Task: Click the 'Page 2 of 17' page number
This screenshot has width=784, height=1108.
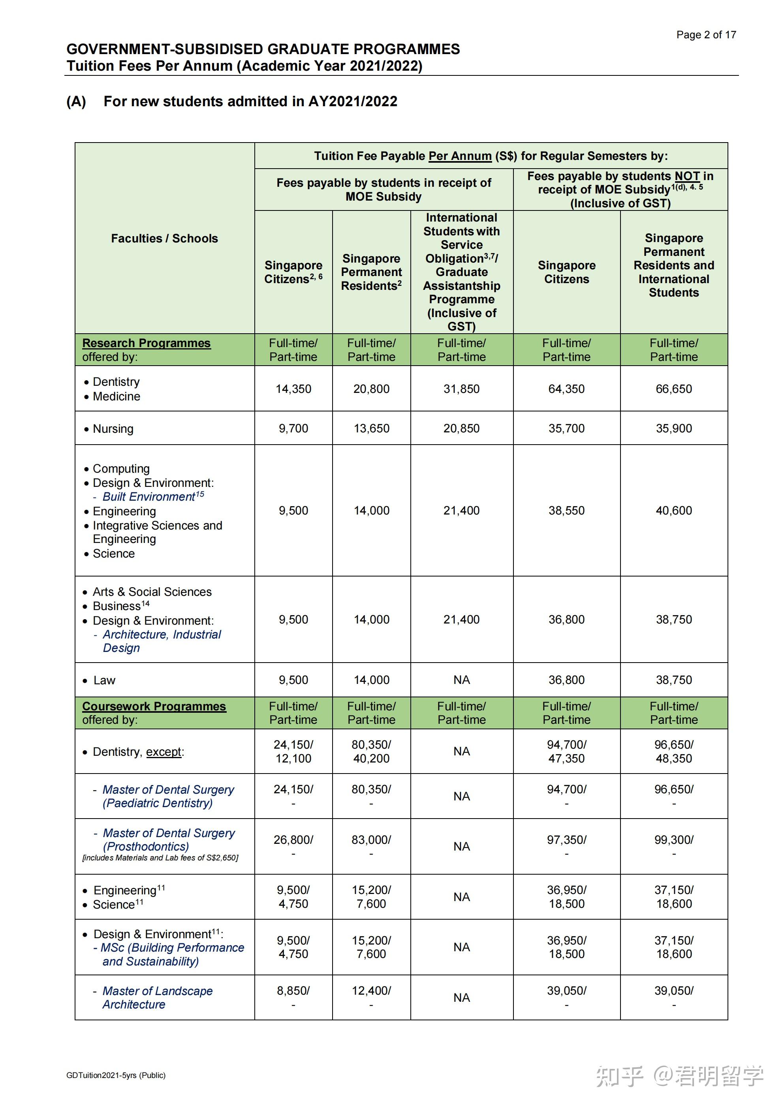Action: click(x=706, y=35)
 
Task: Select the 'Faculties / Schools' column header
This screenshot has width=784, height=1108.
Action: click(x=164, y=239)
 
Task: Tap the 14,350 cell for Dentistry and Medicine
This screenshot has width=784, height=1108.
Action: click(x=293, y=389)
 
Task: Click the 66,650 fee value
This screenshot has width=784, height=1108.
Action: click(x=673, y=389)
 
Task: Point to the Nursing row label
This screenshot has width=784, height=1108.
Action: click(x=113, y=429)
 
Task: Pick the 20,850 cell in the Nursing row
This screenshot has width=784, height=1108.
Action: click(x=462, y=428)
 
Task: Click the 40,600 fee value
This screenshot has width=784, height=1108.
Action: click(x=673, y=511)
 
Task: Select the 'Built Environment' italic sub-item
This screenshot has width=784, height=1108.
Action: click(x=149, y=497)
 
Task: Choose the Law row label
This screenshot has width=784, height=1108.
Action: click(x=104, y=680)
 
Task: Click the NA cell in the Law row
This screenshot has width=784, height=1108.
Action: click(x=462, y=680)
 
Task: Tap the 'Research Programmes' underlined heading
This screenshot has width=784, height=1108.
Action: click(x=146, y=343)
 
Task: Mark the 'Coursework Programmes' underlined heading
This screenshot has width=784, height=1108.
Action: click(x=154, y=706)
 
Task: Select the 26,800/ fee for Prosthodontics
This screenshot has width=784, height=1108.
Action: click(x=293, y=840)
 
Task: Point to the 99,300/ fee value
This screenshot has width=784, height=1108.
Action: click(x=673, y=840)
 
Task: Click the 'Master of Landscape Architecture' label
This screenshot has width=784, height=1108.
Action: click(x=157, y=998)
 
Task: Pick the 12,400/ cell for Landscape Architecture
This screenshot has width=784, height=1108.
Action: click(x=371, y=991)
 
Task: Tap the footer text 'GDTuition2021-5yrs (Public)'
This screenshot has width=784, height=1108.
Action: click(x=116, y=1075)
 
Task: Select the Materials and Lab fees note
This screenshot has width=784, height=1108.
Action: click(x=160, y=858)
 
